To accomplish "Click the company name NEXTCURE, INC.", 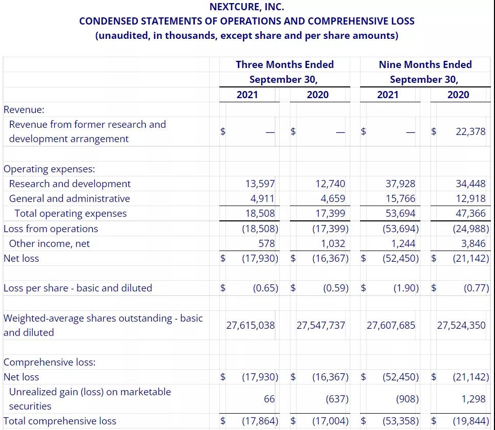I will coord(247,7).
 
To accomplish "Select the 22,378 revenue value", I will coord(470,131).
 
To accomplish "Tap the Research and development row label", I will coord(70,184).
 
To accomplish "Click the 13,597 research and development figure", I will coord(260,184).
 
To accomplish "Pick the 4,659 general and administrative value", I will coord(332,198).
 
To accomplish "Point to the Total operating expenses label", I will coord(71,213).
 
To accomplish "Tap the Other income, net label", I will coord(49,243).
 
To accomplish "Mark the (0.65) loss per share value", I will coord(265,288).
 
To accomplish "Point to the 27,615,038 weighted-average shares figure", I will coord(251,325).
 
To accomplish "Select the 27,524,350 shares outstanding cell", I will coord(461,325).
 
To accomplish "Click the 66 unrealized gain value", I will coord(269,399).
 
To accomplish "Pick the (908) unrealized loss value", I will coord(407,399).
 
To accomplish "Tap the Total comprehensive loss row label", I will coord(60,421).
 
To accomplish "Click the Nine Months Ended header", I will coord(425,64).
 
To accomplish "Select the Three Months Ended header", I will coord(284,64).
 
